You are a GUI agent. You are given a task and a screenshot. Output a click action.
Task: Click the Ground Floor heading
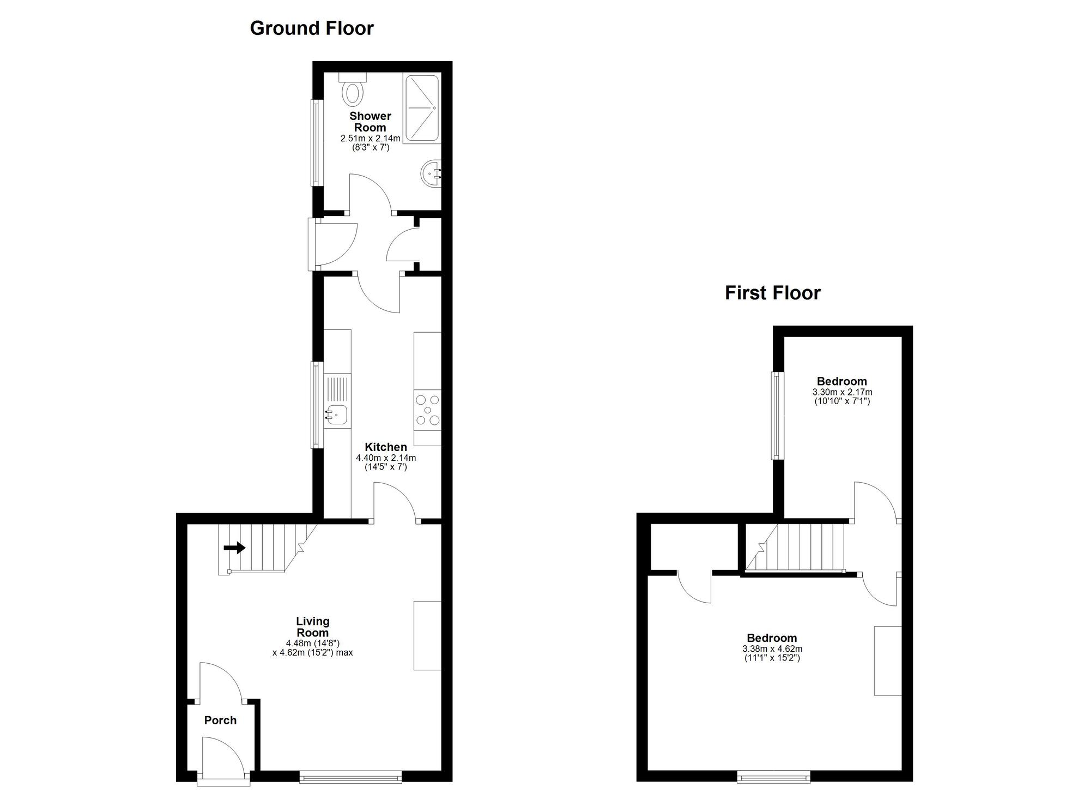click(x=312, y=28)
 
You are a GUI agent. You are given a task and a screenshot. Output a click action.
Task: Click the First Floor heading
click(x=772, y=293)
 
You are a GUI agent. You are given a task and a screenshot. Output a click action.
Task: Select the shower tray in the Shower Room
click(x=422, y=109)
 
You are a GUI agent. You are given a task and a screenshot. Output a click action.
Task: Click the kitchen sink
click(x=336, y=414)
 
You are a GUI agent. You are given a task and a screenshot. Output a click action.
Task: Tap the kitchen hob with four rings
click(x=427, y=410)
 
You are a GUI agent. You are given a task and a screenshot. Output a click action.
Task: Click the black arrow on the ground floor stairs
click(x=235, y=548)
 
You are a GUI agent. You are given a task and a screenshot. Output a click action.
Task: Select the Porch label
click(x=220, y=720)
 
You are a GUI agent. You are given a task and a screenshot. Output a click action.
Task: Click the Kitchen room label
click(x=386, y=447)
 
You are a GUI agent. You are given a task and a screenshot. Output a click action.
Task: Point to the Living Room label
click(x=312, y=627)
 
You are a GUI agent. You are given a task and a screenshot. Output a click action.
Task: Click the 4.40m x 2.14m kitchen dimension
click(x=386, y=458)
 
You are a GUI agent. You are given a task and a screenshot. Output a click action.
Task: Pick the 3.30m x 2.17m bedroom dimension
click(x=842, y=392)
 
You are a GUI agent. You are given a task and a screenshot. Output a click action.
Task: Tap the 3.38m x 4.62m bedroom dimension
click(x=772, y=649)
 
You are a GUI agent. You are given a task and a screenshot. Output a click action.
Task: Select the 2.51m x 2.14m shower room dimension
click(x=371, y=139)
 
